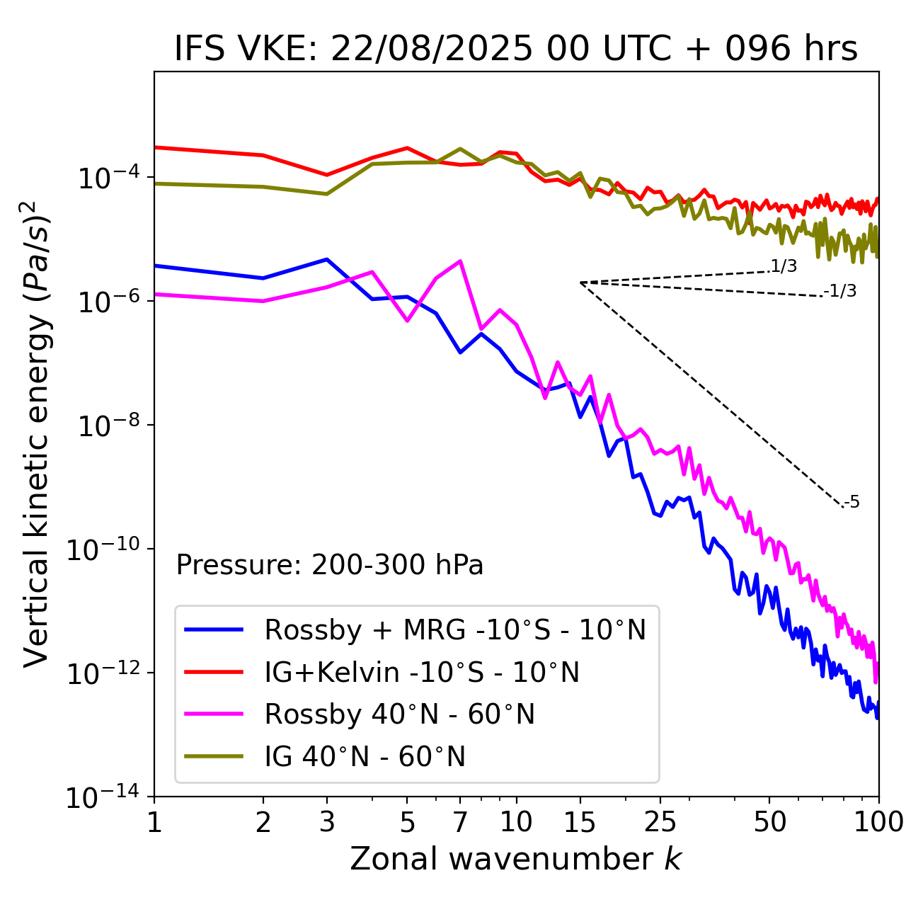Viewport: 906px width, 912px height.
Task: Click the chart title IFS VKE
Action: coord(516,49)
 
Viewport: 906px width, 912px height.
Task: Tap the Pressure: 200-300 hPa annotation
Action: coord(329,565)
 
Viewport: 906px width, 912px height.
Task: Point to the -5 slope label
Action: coord(852,503)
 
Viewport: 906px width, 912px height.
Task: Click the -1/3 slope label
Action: coord(841,291)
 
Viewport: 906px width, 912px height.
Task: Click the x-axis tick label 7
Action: coord(460,822)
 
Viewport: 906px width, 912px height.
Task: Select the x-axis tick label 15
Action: coord(580,822)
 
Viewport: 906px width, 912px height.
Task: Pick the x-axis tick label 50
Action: coord(769,822)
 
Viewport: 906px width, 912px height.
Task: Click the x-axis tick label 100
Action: coord(878,822)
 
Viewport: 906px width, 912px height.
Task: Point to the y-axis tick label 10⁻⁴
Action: coord(107,178)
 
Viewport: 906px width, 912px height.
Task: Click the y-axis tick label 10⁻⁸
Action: coord(107,426)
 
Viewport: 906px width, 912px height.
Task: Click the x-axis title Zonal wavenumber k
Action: coord(516,859)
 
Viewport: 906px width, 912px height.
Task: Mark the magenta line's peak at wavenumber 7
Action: coord(460,261)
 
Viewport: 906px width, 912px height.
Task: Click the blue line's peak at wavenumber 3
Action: coord(326,259)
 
